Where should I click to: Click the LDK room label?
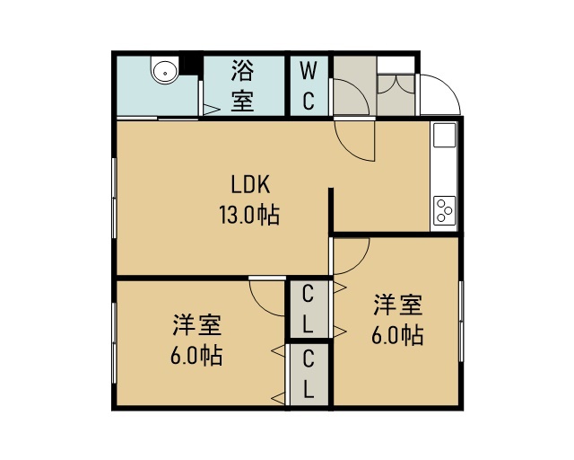click(x=251, y=184)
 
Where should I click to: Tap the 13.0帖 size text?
click(x=249, y=215)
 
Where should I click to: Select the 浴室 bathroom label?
click(x=242, y=86)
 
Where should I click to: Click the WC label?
click(x=309, y=86)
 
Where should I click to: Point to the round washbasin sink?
click(x=165, y=72)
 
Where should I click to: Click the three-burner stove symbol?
click(x=445, y=210)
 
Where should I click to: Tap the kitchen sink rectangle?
click(x=445, y=136)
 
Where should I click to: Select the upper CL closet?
click(x=309, y=309)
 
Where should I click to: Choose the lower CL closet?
click(x=309, y=374)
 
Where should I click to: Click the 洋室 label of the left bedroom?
click(x=197, y=324)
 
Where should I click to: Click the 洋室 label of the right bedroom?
click(x=398, y=304)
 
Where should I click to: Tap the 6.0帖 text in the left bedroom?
click(x=196, y=356)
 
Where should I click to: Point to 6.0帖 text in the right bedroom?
click(x=397, y=335)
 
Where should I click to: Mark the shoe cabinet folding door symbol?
click(x=396, y=85)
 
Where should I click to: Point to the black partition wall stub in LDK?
click(x=331, y=210)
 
